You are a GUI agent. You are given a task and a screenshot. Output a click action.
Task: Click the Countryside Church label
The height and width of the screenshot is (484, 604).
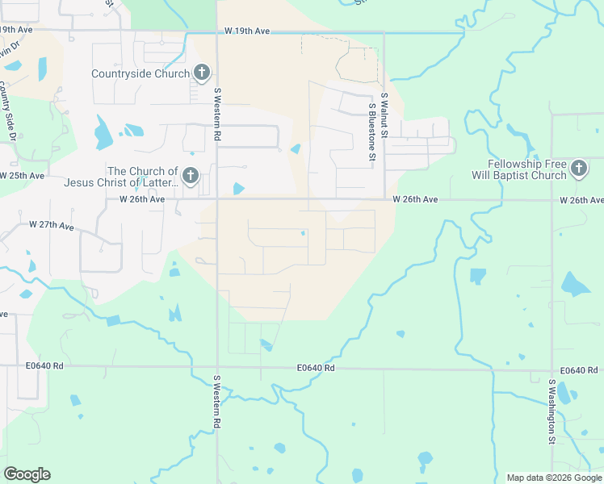coord(141,74)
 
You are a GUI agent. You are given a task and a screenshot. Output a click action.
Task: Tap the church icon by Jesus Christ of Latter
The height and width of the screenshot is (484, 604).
coord(191,176)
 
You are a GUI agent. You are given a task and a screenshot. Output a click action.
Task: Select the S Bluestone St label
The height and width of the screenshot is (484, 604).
coord(372,132)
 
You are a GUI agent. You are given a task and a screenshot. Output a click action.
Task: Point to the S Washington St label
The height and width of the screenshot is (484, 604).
coord(552,411)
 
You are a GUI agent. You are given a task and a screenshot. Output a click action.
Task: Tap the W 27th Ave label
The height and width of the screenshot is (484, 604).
coord(52,226)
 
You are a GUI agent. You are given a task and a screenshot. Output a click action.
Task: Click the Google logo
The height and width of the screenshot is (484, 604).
coord(27,474)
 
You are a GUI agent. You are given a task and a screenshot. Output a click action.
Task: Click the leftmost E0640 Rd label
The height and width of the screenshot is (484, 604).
coord(44,365)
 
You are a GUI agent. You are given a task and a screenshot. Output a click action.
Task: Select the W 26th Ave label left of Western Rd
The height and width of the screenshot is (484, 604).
coord(142,198)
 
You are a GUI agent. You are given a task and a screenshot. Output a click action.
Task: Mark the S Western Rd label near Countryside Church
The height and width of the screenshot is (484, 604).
coord(217,115)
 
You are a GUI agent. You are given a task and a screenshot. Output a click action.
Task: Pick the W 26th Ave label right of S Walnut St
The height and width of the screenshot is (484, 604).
coord(415,198)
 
